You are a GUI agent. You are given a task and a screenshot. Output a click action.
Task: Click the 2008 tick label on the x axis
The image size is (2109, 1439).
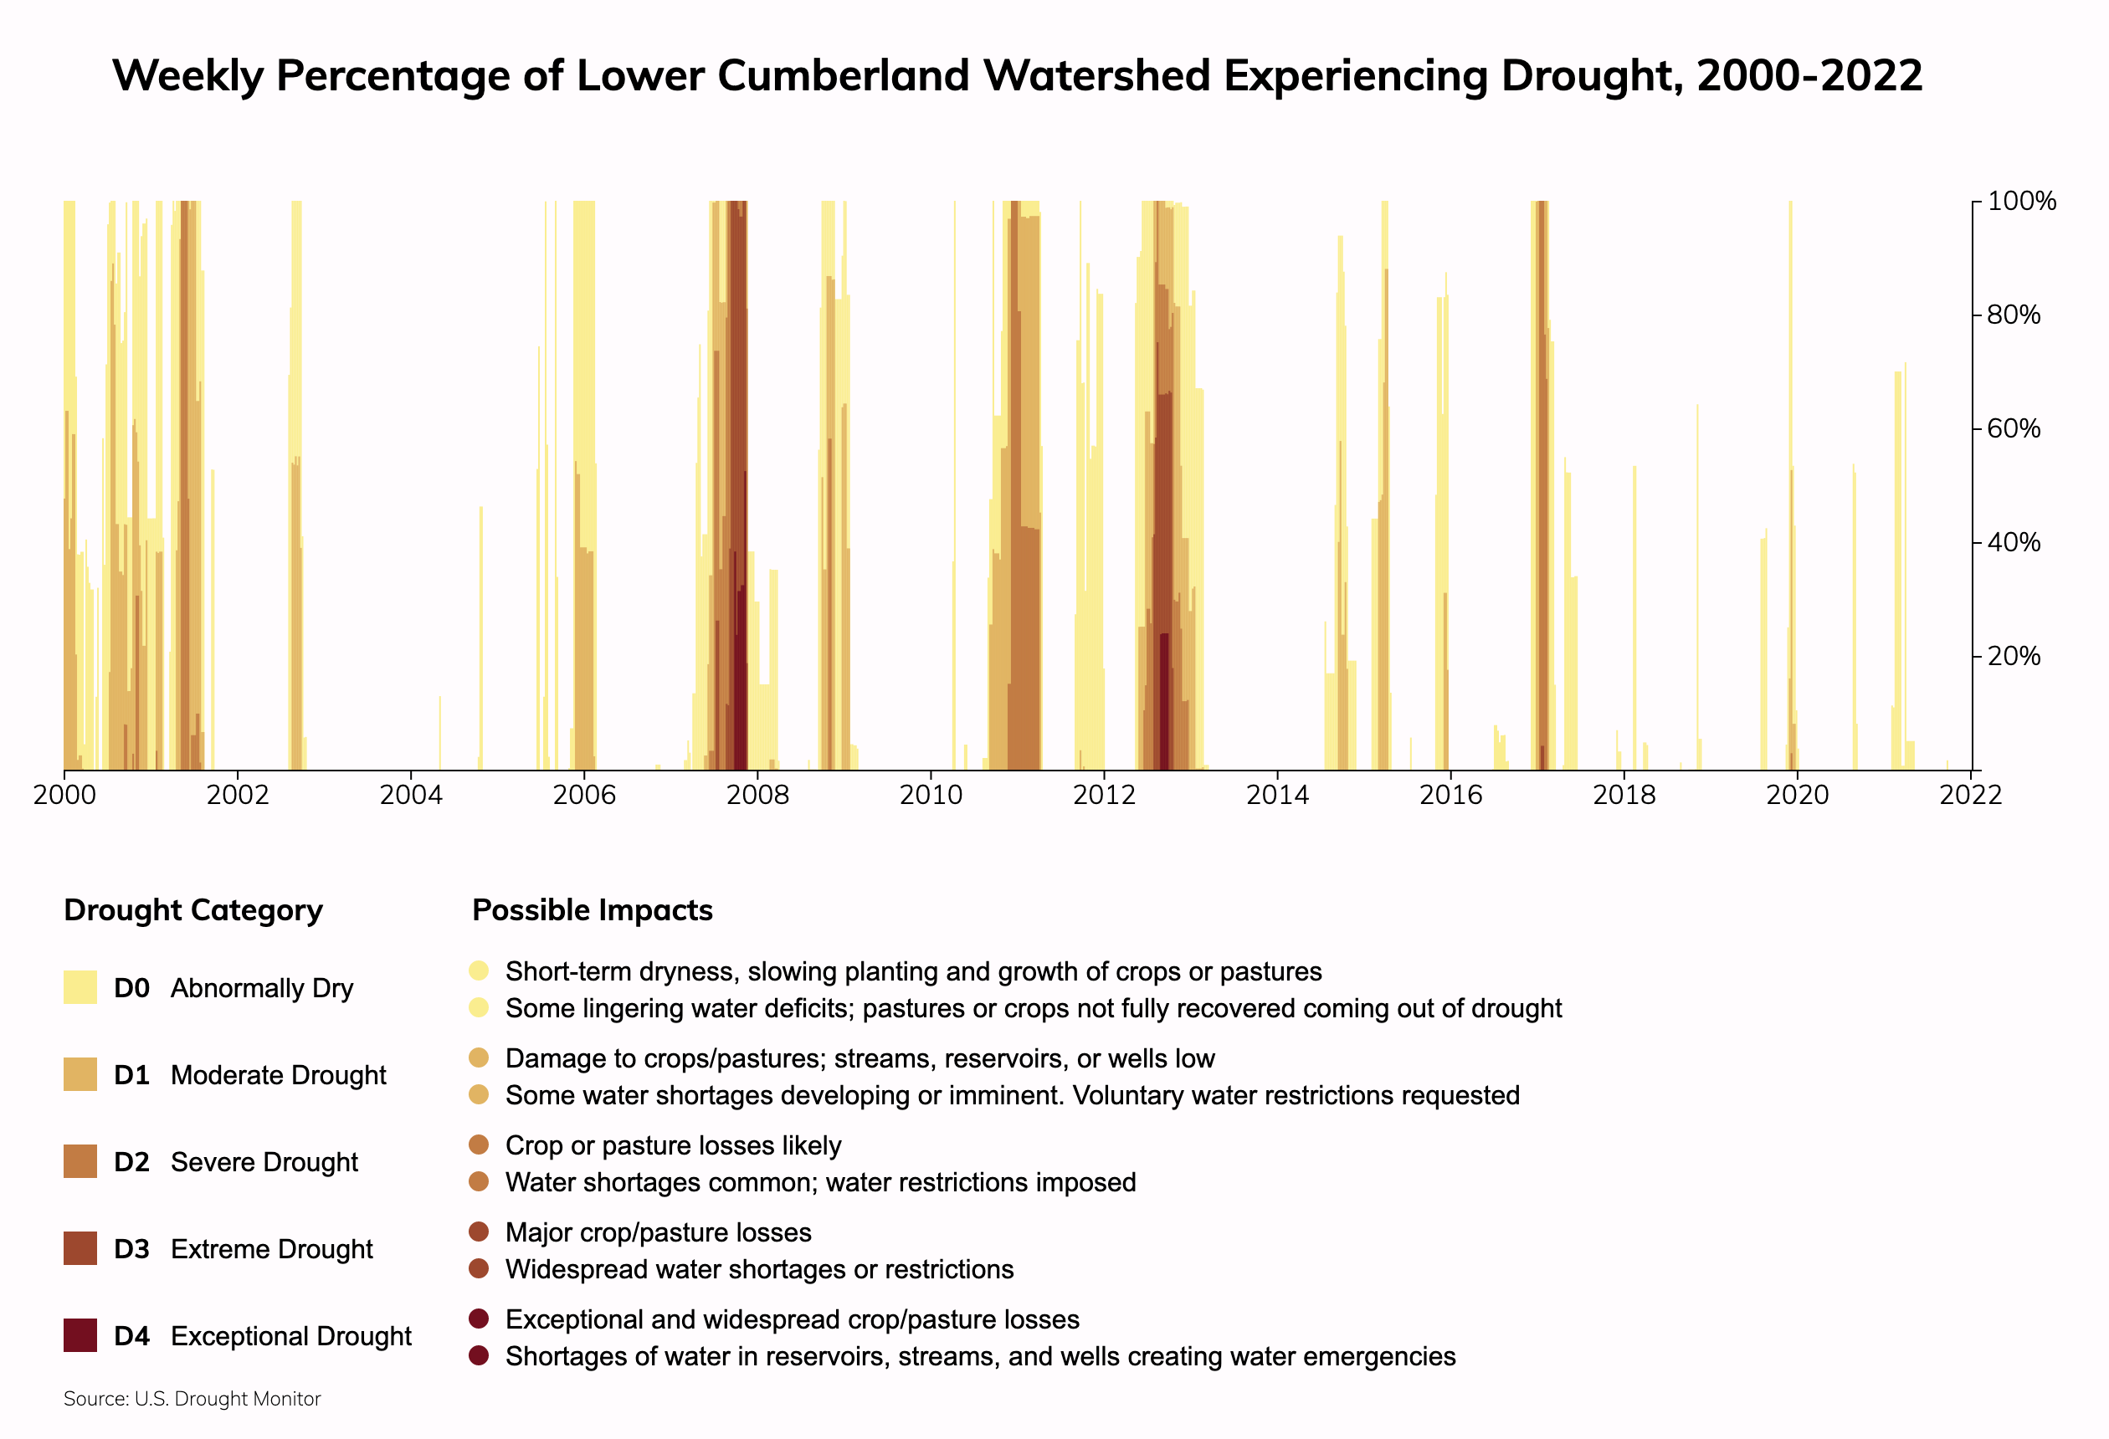[x=757, y=795]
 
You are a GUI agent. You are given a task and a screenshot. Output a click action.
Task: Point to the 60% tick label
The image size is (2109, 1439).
[x=2014, y=428]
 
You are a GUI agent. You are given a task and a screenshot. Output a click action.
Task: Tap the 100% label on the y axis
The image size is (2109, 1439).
[x=2021, y=201]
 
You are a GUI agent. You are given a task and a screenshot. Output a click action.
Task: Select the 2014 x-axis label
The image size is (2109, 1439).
[x=1277, y=795]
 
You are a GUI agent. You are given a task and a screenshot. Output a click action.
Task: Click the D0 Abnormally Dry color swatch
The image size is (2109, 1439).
[x=80, y=987]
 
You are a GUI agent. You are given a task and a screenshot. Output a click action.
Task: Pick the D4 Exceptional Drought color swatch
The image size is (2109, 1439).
[x=80, y=1335]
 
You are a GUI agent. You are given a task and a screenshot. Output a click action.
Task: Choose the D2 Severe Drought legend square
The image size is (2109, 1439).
[x=80, y=1161]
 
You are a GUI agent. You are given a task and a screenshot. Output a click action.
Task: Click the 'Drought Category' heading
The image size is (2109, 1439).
[x=193, y=909]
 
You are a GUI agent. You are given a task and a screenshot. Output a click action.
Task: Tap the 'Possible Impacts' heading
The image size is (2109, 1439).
[x=593, y=909]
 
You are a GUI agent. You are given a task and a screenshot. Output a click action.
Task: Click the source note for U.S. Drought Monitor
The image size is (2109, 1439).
[x=192, y=1398]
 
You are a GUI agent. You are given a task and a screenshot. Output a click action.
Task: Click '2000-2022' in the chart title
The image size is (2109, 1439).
[x=1809, y=75]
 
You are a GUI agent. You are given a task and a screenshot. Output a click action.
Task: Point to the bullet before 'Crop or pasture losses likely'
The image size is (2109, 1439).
[x=480, y=1145]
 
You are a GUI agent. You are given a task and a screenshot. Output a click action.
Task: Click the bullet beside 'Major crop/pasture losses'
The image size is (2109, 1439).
[x=480, y=1232]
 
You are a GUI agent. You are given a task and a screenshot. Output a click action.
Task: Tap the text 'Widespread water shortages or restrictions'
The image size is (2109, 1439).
[x=760, y=1268]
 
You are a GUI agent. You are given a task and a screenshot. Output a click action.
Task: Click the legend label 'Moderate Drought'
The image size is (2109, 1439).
[x=278, y=1074]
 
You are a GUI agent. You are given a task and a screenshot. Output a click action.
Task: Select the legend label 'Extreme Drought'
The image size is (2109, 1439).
[x=271, y=1248]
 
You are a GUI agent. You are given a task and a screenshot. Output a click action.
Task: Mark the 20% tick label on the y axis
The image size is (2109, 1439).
[x=2014, y=656]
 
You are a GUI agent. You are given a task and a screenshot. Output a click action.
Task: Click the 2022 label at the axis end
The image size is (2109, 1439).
[x=1970, y=795]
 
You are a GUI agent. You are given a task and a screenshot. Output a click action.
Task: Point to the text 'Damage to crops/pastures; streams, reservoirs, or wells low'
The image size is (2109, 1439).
[x=860, y=1058]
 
